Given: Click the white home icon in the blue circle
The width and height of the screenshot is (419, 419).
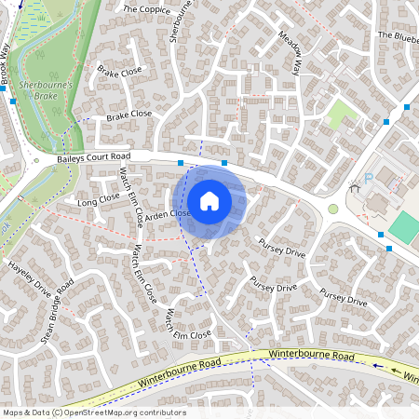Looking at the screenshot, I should click(x=209, y=200).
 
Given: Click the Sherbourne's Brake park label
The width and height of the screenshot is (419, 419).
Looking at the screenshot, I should click(x=38, y=89).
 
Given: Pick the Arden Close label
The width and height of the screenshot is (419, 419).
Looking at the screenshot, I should click(x=168, y=214).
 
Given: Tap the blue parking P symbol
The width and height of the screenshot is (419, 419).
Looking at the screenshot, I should click(x=368, y=178).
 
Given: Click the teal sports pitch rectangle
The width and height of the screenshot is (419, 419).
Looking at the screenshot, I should click(x=404, y=226).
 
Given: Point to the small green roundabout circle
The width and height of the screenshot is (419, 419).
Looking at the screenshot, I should click(x=333, y=209).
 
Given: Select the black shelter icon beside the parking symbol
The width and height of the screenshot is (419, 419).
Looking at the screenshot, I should click(x=354, y=189).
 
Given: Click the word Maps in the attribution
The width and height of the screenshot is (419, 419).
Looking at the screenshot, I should click(x=13, y=411).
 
